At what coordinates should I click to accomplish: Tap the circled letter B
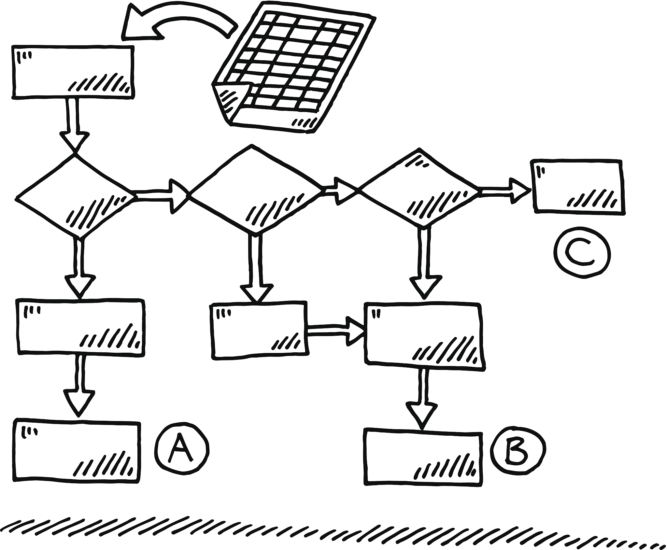(519, 451)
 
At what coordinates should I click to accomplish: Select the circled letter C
(581, 254)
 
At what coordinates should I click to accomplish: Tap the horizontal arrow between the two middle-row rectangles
(335, 332)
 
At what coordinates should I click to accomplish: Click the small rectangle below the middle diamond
(259, 331)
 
